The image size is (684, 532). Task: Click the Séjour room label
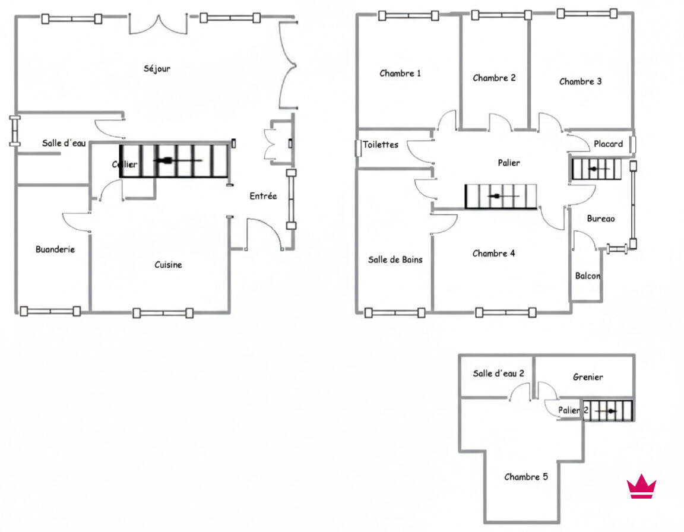pos(157,68)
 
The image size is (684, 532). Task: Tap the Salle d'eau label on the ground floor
pos(64,143)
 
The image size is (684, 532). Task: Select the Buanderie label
pos(55,249)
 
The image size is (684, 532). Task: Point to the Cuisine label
pos(168,265)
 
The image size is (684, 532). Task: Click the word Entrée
pos(263,196)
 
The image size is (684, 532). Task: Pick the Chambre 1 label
pos(400,73)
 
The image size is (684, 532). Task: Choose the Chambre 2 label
pos(494,78)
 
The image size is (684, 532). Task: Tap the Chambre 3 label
pos(580,81)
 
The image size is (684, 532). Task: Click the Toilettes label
pos(381,144)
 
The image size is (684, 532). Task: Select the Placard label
pos(608,144)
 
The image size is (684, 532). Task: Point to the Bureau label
pos(601,218)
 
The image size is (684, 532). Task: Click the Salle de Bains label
pos(395,259)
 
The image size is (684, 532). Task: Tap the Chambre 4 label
pos(493,254)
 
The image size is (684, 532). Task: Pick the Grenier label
pos(588,377)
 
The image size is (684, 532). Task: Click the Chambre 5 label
pos(525,477)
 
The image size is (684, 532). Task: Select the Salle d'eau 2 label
pos(498,373)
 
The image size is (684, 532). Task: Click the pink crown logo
pos(641,486)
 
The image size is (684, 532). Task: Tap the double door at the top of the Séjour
pos(159,25)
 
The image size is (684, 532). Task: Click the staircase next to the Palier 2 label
pos(608,411)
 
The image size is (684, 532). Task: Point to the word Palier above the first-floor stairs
pos(509,163)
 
